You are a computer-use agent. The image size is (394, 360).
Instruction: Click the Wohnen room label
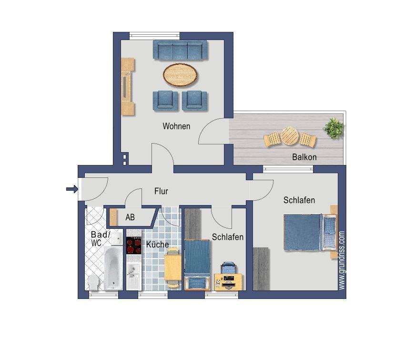(x=176, y=126)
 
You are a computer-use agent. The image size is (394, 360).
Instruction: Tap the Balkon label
(x=304, y=157)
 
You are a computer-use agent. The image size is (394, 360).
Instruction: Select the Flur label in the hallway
(x=161, y=191)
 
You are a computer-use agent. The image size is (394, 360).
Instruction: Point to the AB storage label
(x=130, y=217)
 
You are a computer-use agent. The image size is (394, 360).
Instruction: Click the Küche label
(x=158, y=244)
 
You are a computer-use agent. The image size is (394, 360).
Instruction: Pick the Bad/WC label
(x=100, y=238)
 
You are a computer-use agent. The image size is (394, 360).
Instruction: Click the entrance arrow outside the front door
(x=72, y=189)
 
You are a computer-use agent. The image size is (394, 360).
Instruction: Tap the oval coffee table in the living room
(x=181, y=75)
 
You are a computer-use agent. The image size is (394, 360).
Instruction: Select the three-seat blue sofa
(x=181, y=50)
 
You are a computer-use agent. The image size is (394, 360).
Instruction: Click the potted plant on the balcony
(x=333, y=128)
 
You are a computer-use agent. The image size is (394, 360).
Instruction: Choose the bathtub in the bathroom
(x=113, y=268)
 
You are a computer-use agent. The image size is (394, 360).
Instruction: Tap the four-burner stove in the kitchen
(x=133, y=245)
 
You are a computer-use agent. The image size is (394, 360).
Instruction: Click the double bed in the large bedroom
(x=310, y=232)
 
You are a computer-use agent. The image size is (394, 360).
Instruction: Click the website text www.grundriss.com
(x=341, y=260)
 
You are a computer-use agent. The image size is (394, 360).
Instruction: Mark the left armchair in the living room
(x=165, y=101)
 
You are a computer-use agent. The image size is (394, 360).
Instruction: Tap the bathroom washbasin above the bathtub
(x=117, y=237)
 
